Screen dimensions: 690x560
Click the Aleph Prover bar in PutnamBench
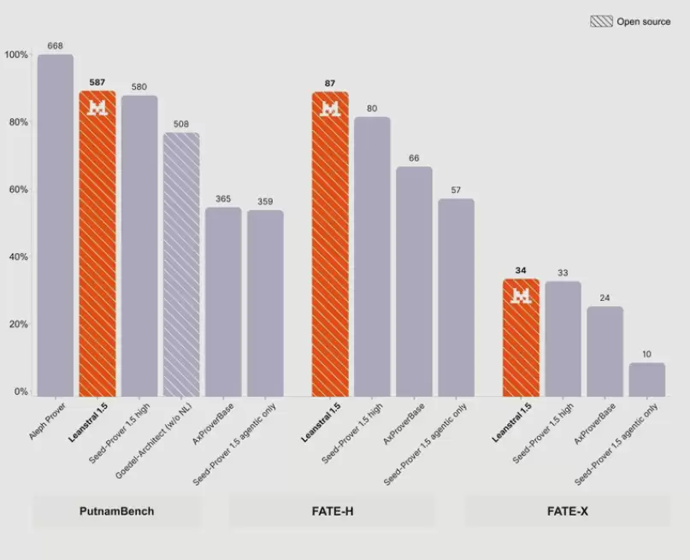[x=56, y=225]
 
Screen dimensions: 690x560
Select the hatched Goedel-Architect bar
[x=181, y=264]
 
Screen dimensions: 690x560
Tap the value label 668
[x=55, y=46]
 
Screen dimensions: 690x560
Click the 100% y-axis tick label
[x=16, y=55]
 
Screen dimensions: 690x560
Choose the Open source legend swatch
[x=601, y=21]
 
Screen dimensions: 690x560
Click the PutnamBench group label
[x=116, y=511]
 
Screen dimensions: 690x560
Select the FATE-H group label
[x=333, y=511]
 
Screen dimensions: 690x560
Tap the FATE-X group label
[x=567, y=511]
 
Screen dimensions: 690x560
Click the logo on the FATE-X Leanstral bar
[x=521, y=296]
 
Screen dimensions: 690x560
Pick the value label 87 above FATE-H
[x=330, y=83]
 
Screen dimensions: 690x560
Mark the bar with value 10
[x=647, y=380]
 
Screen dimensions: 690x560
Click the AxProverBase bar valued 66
[x=414, y=281]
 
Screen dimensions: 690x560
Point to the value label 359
[x=265, y=202]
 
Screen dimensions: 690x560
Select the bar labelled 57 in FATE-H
[x=456, y=298]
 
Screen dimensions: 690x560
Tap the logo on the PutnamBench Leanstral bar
[x=97, y=108]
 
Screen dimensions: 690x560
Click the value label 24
[x=604, y=298]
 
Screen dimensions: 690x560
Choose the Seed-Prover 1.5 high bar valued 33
[x=563, y=339]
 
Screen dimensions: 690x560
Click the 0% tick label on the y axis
[x=21, y=392]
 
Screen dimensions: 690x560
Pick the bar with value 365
[x=223, y=302]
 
